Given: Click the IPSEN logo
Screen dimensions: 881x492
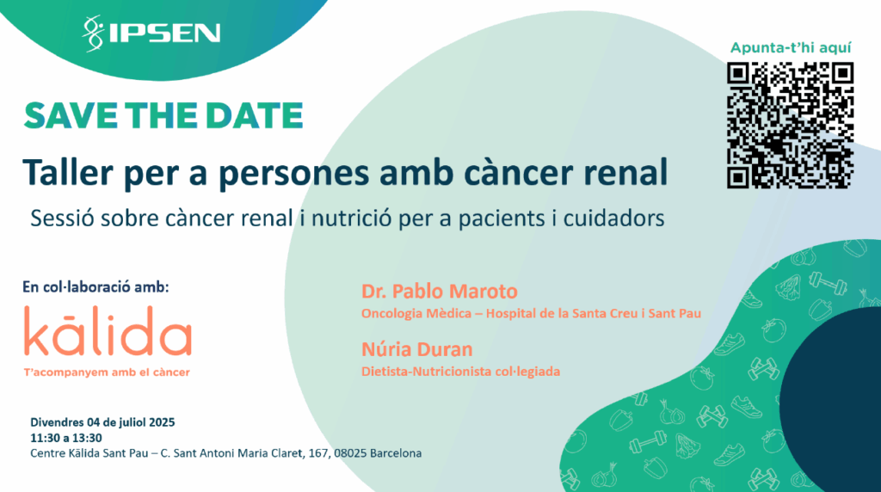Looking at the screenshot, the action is tap(151, 34).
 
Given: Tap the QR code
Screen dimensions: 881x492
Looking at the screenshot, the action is tap(790, 126).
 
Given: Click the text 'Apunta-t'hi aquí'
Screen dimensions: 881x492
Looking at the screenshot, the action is tap(791, 48).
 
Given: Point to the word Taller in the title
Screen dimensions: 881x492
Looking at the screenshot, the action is tap(68, 172).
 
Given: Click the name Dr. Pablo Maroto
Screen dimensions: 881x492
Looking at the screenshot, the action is tap(440, 291).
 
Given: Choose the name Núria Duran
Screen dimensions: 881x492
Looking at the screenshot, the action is tap(417, 349).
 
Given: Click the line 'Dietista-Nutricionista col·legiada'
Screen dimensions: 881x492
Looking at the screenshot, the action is tap(461, 372).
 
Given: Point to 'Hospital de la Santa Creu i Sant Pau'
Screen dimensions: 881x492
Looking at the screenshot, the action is tap(594, 313).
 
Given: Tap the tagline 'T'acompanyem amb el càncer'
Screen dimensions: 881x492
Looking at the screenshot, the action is tap(107, 372).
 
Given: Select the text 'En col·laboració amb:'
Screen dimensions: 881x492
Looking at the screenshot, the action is tap(95, 287).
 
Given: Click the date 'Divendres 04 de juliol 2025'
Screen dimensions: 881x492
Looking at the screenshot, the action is tap(102, 422).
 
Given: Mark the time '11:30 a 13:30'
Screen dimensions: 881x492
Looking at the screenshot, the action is tap(66, 438).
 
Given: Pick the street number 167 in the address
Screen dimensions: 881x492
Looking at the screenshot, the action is tap(317, 453).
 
